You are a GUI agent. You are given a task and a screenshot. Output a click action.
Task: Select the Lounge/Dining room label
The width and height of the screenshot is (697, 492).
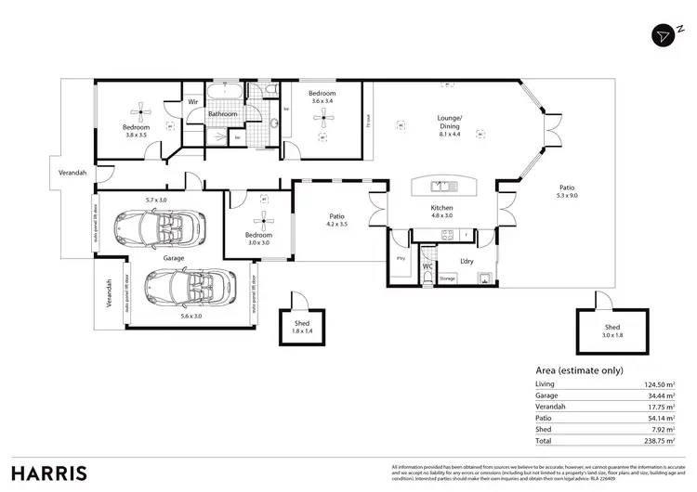[450, 123]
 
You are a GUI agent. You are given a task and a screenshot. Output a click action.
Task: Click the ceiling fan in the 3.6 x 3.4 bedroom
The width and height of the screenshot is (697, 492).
[322, 116]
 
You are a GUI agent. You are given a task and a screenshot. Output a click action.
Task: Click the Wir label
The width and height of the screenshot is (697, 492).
[193, 101]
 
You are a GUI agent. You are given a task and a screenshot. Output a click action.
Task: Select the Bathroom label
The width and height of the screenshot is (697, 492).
[222, 114]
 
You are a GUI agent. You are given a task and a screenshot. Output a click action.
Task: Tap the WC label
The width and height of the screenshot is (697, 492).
[427, 265]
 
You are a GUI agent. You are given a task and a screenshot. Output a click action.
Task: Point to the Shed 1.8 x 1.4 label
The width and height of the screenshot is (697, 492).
[302, 327]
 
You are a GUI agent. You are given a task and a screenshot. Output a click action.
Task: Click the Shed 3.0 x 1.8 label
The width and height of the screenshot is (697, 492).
[612, 331]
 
